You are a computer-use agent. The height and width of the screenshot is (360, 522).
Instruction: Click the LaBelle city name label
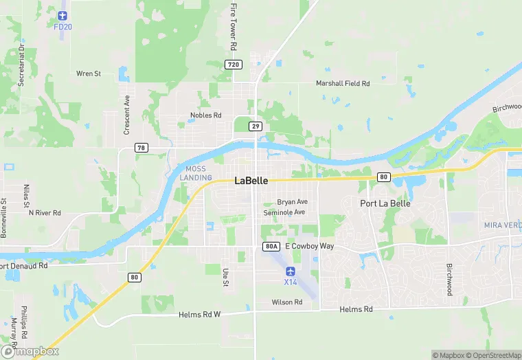(251, 181)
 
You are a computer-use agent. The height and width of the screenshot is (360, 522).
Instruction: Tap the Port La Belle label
(386, 203)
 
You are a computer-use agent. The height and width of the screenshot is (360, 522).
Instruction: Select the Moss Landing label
(196, 173)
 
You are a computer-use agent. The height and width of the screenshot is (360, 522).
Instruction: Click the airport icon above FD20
(63, 15)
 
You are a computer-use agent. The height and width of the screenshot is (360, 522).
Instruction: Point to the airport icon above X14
(290, 271)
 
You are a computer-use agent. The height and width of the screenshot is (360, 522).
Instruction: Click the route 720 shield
(234, 65)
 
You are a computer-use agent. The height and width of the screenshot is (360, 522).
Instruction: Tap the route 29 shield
(256, 126)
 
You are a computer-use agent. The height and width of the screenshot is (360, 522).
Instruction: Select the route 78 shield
(141, 148)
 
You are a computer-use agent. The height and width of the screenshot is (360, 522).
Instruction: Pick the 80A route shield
(271, 246)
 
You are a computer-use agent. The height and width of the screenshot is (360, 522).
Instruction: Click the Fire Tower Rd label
(234, 26)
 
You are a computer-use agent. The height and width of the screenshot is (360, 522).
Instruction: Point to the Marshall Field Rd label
(343, 83)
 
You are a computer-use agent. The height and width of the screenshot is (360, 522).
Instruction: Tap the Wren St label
(89, 73)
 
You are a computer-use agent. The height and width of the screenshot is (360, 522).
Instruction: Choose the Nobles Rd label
(206, 115)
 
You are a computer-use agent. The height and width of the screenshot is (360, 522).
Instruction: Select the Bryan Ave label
(293, 202)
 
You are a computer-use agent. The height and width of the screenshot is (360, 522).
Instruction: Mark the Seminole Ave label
(284, 213)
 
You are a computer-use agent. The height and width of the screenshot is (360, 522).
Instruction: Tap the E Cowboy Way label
(309, 246)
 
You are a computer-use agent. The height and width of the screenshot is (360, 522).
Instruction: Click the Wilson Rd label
(287, 302)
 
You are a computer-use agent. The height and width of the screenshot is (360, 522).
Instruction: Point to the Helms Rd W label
(199, 315)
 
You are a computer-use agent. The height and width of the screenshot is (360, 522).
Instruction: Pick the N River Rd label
(45, 213)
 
